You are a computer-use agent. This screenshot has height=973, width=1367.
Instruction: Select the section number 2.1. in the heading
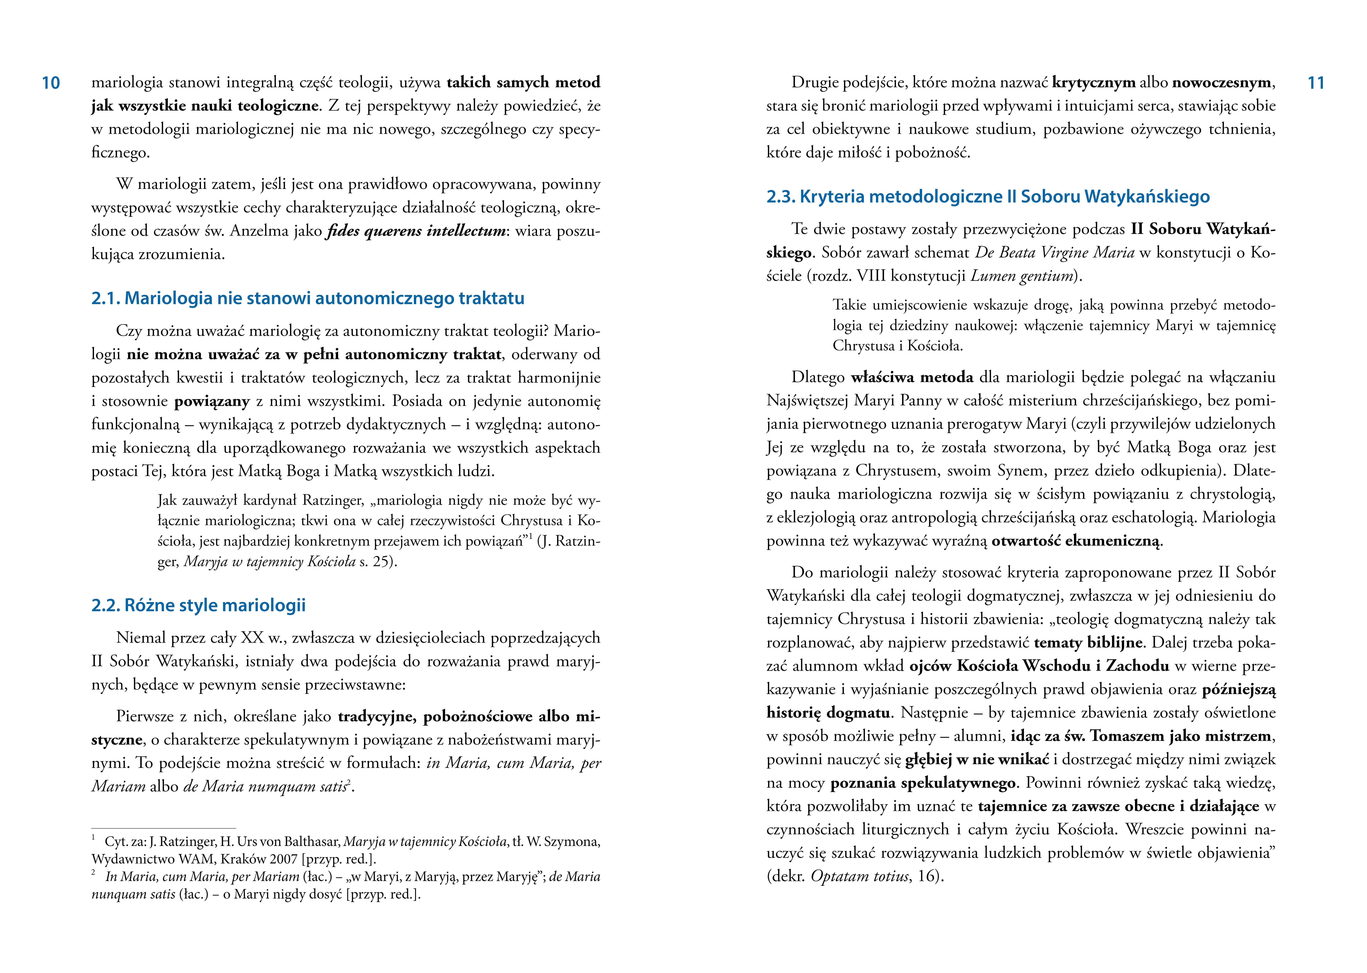coord(106,298)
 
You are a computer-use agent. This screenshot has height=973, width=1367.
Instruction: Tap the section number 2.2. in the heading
coord(106,605)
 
